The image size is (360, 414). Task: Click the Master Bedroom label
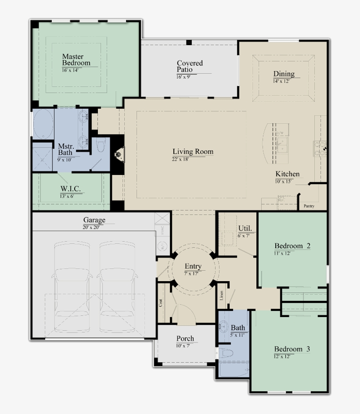[76, 60]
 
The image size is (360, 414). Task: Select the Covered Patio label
[190, 66]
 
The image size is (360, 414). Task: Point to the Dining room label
[284, 74]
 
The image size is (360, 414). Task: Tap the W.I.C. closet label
[70, 189]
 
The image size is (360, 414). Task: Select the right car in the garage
[117, 288]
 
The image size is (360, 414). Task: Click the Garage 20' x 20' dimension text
[94, 227]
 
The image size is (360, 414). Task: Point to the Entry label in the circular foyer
[193, 266]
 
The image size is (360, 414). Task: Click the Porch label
[185, 339]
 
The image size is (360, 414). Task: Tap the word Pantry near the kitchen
[309, 206]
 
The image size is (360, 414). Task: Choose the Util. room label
[245, 228]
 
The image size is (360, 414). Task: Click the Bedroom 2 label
[292, 246]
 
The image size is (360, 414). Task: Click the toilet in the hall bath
[227, 353]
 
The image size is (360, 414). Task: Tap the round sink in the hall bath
[224, 327]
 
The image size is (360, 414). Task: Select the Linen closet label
[222, 296]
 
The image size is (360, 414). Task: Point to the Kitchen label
[288, 174]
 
